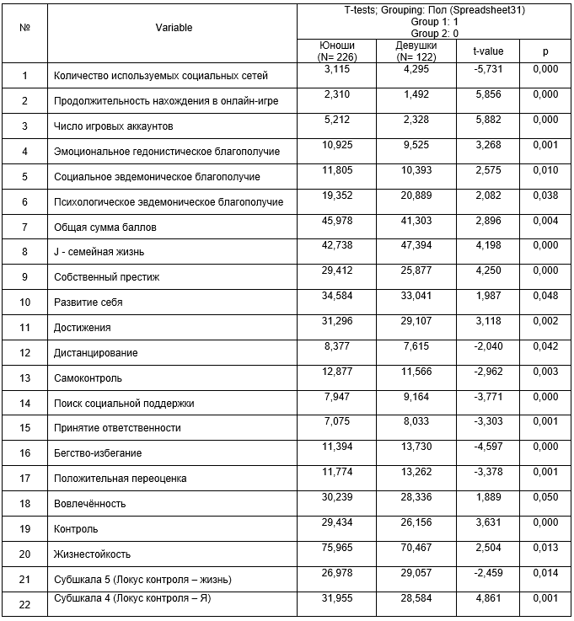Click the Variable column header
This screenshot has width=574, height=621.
pos(174,28)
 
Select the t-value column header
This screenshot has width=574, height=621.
pos(488,51)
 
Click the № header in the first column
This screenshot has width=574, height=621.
pos(25,28)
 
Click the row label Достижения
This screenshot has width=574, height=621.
pos(82,327)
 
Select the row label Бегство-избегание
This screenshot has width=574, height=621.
pos(97,453)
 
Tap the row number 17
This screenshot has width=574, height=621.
pos(25,479)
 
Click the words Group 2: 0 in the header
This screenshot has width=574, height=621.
pos(435,33)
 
